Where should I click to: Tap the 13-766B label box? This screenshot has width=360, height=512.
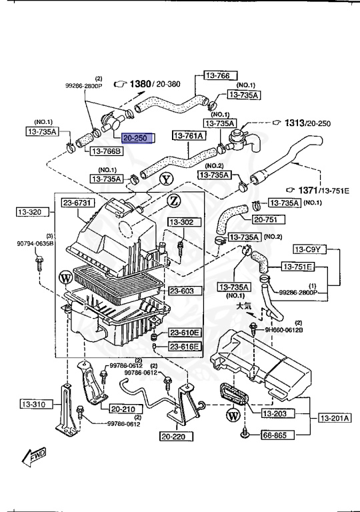tap(106, 151)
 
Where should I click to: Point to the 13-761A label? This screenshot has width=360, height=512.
tap(189, 137)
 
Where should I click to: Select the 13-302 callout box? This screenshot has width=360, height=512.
tap(181, 222)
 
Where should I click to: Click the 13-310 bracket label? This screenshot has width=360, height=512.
tap(33, 404)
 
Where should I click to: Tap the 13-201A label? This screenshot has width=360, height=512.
tap(332, 418)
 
